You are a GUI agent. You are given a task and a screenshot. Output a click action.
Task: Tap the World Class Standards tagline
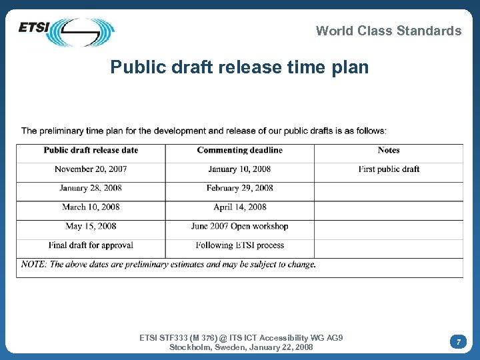(x=388, y=31)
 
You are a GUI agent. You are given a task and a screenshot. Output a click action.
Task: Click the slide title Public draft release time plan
(x=239, y=67)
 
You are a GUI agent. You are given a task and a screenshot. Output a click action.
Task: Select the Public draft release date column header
(x=91, y=150)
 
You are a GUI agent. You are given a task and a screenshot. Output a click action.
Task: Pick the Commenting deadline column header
(x=239, y=150)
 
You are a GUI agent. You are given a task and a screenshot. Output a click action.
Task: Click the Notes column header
(x=389, y=150)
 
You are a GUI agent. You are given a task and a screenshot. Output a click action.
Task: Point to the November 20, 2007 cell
(x=91, y=169)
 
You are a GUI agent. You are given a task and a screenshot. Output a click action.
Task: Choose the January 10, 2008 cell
(x=239, y=169)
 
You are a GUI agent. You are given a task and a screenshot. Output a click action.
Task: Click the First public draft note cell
(x=389, y=169)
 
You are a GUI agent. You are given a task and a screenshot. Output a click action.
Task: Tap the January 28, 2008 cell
(x=91, y=188)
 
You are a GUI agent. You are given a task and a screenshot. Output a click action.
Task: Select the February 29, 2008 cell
(x=239, y=188)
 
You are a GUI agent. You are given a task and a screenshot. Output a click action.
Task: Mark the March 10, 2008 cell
(x=91, y=207)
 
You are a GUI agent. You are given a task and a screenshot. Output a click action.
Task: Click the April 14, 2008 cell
(x=239, y=207)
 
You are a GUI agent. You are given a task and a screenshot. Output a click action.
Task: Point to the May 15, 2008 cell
(x=91, y=226)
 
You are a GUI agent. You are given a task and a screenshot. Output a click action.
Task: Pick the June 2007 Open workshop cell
(x=239, y=226)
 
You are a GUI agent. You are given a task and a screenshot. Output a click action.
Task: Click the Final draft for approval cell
(x=91, y=245)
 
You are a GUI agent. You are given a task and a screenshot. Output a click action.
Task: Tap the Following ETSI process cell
(x=239, y=245)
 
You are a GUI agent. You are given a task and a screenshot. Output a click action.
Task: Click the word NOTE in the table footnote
(x=33, y=265)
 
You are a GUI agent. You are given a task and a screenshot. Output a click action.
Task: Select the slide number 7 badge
(x=458, y=342)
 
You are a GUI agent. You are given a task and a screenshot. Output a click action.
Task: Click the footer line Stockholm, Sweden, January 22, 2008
(x=241, y=347)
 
